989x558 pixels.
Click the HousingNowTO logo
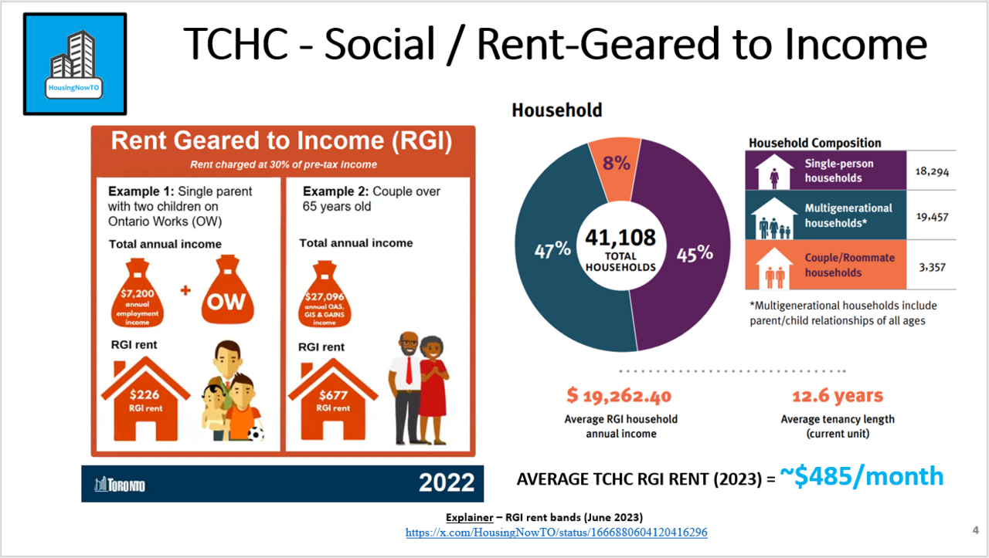(x=75, y=64)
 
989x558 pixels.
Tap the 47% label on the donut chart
(x=552, y=250)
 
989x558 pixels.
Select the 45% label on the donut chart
(x=695, y=254)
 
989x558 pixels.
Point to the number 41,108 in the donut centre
(x=620, y=238)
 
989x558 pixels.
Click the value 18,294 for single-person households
(x=932, y=171)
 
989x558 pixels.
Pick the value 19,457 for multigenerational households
(x=932, y=217)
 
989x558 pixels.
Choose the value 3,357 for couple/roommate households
(x=932, y=267)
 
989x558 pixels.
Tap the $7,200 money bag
(x=138, y=293)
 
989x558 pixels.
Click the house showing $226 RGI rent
(x=146, y=399)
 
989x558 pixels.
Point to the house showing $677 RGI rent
(x=333, y=400)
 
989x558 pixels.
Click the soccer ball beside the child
(x=256, y=434)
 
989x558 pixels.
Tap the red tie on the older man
(x=409, y=370)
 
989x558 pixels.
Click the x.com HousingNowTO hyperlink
(x=556, y=533)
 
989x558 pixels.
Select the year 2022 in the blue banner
(x=447, y=482)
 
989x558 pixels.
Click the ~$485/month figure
(x=862, y=476)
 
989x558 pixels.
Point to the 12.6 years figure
(x=838, y=396)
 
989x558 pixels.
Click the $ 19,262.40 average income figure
(x=619, y=396)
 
